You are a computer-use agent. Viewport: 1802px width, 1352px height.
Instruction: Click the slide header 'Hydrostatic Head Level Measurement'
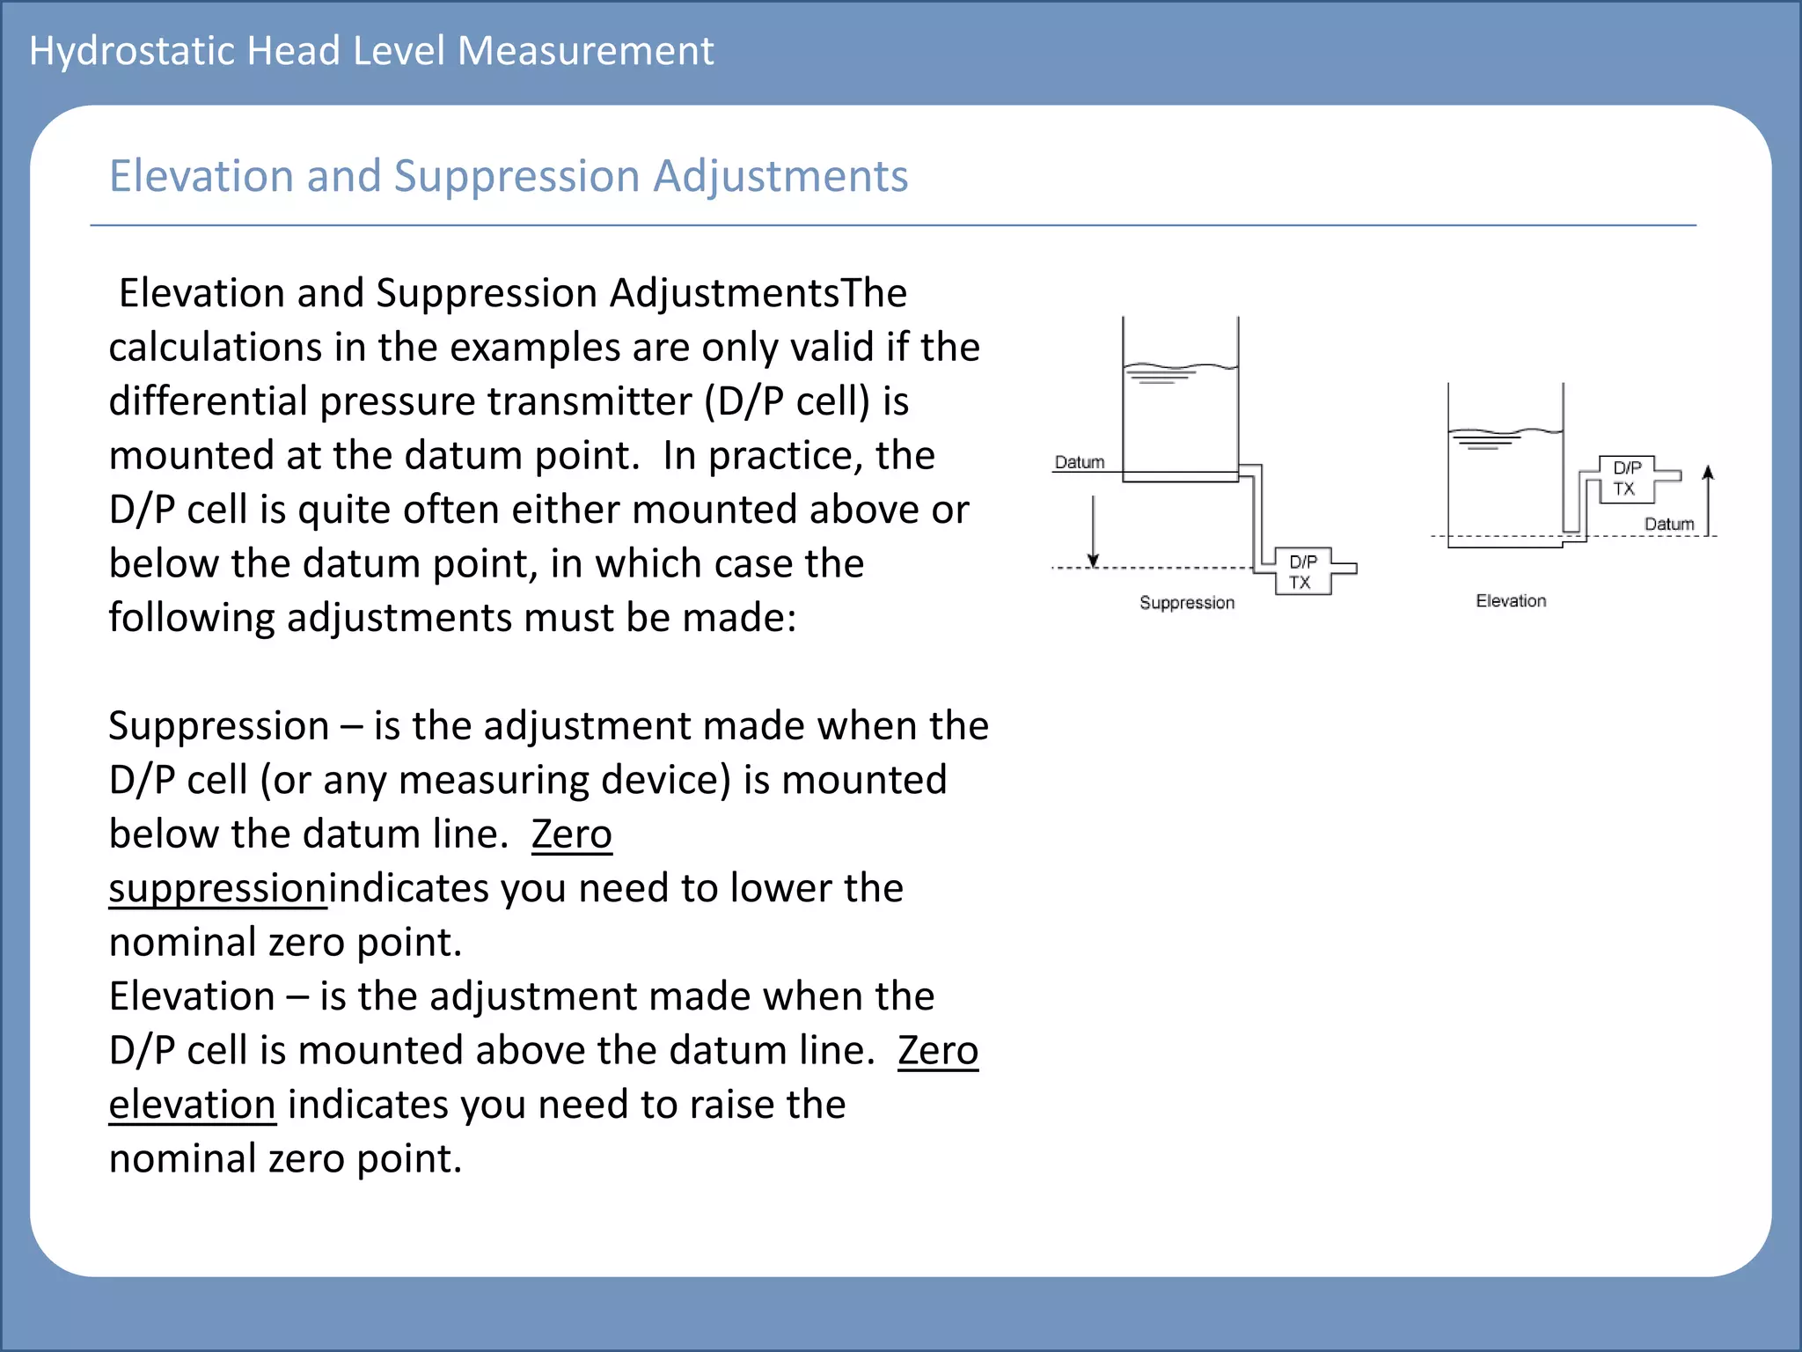point(370,51)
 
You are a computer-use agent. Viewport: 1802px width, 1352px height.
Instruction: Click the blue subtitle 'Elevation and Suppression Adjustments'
point(508,176)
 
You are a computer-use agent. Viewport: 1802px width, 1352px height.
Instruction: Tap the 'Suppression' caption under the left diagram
point(1187,603)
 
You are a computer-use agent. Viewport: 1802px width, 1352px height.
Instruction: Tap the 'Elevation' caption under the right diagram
point(1511,601)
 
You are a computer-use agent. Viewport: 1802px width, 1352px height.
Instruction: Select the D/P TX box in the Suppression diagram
point(1303,572)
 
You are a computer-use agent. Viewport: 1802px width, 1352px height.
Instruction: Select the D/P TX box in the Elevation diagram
point(1627,479)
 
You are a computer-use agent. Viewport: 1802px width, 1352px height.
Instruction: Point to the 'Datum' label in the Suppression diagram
point(1079,462)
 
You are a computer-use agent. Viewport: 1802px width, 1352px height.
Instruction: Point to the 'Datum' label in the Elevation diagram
point(1669,525)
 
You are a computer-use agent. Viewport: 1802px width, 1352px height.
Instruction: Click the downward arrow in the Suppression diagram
point(1093,532)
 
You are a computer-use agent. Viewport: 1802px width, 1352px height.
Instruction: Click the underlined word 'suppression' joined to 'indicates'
point(217,888)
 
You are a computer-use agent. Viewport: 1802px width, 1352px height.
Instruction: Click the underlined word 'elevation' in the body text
point(192,1105)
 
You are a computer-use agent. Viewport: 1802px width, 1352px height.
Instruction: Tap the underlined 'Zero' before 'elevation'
point(938,1051)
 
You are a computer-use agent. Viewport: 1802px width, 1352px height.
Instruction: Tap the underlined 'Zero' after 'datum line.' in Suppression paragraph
point(572,834)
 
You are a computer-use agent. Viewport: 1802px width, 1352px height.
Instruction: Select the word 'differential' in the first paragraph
point(209,401)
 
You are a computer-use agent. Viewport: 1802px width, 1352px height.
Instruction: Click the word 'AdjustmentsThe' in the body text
point(758,293)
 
